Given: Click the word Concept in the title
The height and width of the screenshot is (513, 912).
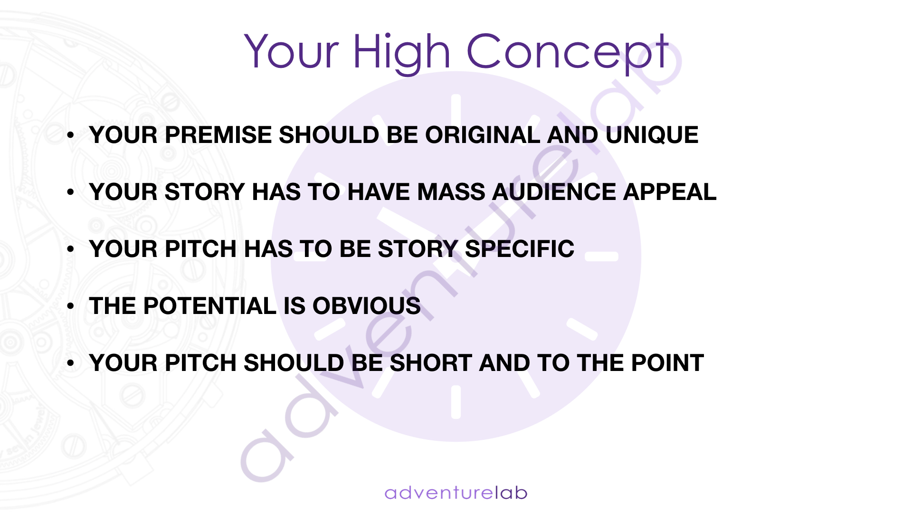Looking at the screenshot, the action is point(568,52).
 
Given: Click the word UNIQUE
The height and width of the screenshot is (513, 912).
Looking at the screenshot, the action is point(652,135).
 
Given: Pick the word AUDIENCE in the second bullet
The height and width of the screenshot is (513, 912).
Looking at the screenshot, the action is point(554,192).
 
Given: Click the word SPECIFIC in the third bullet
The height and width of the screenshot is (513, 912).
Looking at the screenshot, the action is point(520,249).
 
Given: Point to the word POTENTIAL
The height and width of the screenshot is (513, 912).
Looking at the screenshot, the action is point(209,306).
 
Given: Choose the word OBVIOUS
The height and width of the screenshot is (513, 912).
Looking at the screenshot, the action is point(367,306).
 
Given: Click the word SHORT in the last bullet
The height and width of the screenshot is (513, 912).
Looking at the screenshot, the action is point(431,363).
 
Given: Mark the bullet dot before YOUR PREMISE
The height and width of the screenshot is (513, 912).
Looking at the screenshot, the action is point(71,135).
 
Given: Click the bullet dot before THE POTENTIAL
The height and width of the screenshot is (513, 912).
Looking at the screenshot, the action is point(71,306).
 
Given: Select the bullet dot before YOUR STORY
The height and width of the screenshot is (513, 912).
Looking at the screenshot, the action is point(71,192).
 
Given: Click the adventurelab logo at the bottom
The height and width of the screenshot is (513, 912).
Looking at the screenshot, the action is point(456,493).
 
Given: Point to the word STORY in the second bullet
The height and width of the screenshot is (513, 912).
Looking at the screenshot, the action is point(205,192).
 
